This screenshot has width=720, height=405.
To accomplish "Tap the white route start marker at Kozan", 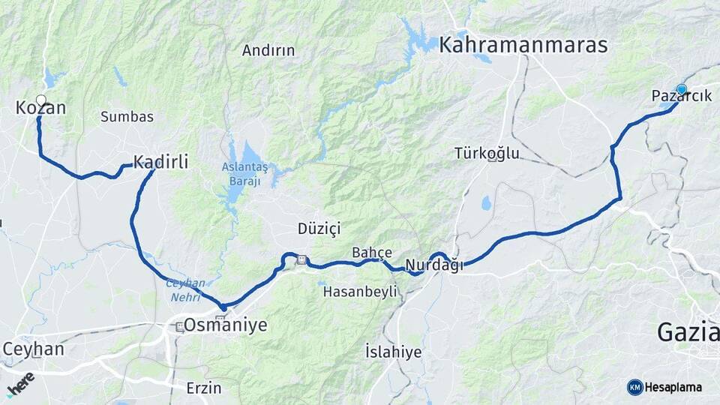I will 40,100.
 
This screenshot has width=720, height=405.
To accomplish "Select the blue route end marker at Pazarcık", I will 681,90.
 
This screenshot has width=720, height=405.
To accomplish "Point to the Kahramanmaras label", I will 523,45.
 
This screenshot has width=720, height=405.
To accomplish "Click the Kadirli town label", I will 160,161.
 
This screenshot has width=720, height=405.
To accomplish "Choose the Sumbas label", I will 127,117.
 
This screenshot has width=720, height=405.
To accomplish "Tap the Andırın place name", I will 268,51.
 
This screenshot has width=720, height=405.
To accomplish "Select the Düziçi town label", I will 319,227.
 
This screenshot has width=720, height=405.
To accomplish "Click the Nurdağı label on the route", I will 434,265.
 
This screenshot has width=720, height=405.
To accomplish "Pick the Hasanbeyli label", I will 359,292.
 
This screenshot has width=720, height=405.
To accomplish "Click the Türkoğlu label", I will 487,154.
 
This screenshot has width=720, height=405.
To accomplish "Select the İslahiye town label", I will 393,352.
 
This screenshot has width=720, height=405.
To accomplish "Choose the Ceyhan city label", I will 34,349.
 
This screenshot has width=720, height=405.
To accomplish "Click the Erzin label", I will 204,388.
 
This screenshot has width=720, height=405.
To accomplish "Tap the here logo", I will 20,383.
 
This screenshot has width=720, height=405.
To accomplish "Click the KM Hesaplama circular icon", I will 634,387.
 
